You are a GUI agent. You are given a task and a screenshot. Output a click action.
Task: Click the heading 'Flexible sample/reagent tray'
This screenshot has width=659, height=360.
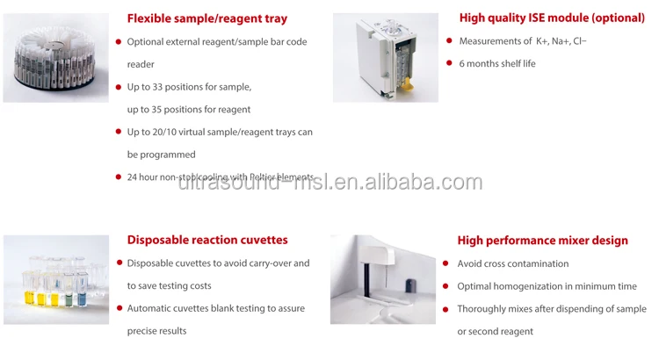tap(206, 18)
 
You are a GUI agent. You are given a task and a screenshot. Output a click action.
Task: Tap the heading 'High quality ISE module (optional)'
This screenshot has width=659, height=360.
tap(552, 18)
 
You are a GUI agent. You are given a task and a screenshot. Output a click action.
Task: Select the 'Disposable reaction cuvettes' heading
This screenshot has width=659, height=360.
tap(207, 240)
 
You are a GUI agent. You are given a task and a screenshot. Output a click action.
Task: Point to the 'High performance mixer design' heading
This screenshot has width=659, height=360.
tap(542, 241)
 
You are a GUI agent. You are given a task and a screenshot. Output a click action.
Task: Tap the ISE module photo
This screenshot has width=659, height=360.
tap(385, 57)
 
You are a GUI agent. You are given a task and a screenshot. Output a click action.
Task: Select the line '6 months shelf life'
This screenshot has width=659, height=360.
tap(496, 63)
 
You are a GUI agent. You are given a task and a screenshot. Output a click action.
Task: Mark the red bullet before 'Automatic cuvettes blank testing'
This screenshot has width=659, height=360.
tap(119, 308)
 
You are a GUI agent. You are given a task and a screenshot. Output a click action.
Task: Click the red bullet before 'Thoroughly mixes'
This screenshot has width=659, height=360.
tap(448, 309)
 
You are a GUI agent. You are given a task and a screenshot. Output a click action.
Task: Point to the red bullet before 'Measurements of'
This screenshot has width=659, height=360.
tap(449, 41)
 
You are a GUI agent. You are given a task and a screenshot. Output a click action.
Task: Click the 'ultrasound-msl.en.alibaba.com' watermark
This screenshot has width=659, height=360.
tap(329, 183)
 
